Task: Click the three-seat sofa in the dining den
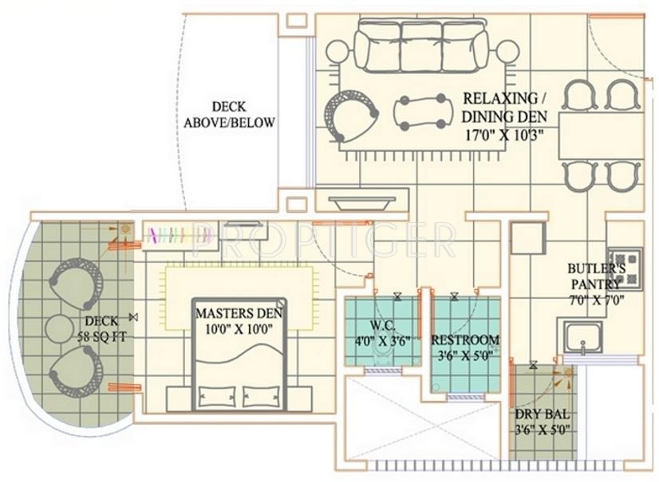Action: pyautogui.click(x=421, y=45)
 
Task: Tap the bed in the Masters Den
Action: pyautogui.click(x=239, y=355)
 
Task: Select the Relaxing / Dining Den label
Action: pyautogui.click(x=504, y=107)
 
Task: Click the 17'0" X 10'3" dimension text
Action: pyautogui.click(x=505, y=135)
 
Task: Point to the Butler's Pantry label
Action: pyautogui.click(x=596, y=276)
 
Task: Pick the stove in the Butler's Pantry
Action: pyautogui.click(x=625, y=268)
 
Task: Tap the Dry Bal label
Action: pyautogui.click(x=543, y=414)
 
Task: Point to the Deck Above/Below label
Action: pyautogui.click(x=229, y=115)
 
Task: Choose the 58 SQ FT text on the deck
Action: pyautogui.click(x=101, y=337)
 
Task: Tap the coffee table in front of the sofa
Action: pyautogui.click(x=423, y=112)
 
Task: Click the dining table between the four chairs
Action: pyautogui.click(x=601, y=135)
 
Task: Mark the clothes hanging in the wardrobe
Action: pyautogui.click(x=179, y=235)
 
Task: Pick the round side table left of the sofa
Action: pyautogui.click(x=338, y=52)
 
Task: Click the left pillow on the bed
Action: pyautogui.click(x=217, y=396)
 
